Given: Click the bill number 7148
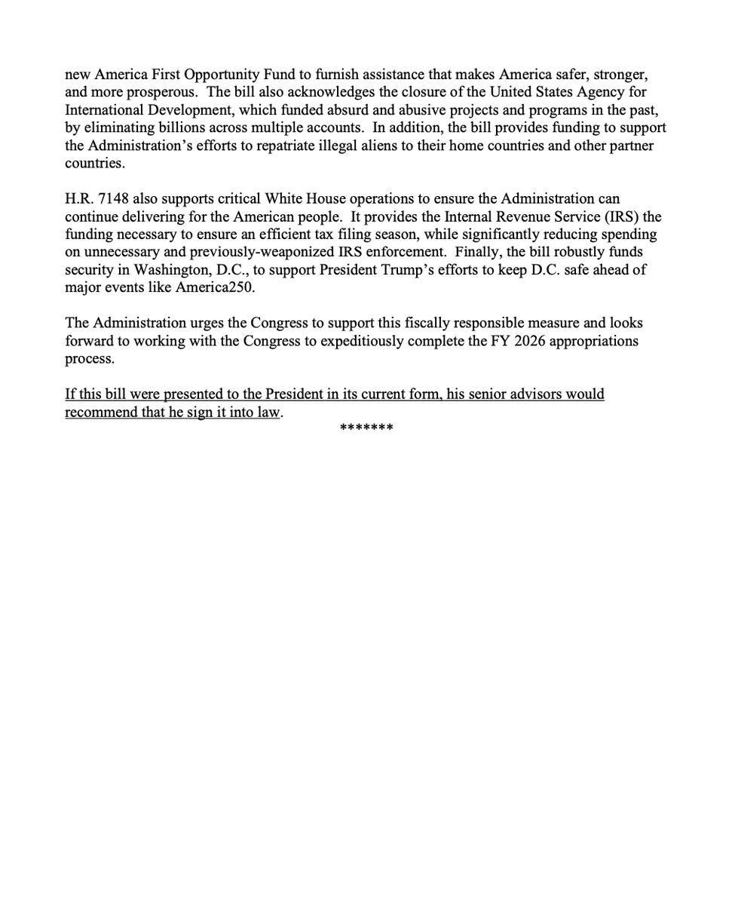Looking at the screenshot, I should click(112, 199).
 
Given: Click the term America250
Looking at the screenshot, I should click(218, 287).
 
